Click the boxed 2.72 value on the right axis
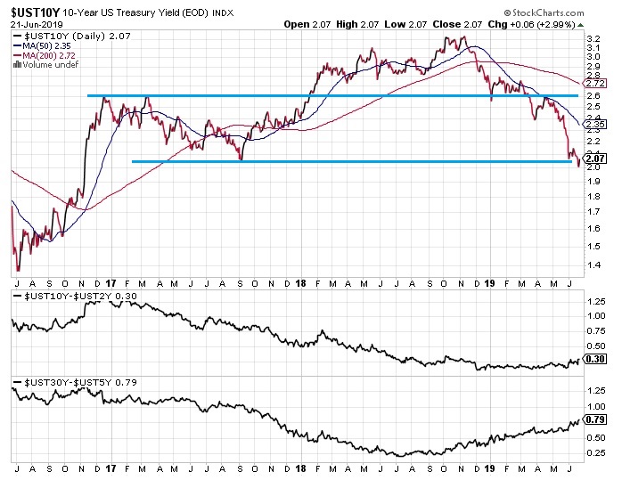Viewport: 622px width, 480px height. coord(596,83)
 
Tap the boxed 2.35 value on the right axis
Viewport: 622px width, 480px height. coord(596,125)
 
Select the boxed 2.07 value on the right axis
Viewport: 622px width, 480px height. coord(596,159)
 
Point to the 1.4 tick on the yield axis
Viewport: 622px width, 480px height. coord(594,265)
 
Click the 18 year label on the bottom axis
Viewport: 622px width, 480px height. coord(300,468)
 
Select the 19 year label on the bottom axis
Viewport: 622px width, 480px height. coord(491,468)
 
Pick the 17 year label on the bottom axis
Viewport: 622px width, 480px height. coord(110,468)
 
